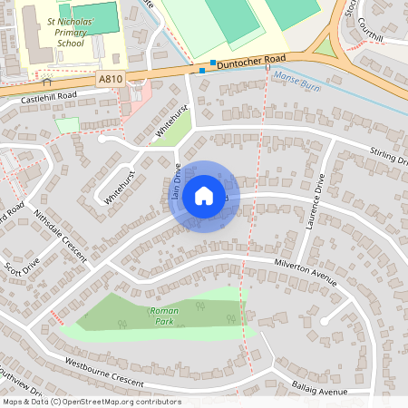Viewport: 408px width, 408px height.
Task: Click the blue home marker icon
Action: tap(204, 196)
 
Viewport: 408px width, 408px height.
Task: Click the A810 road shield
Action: tap(111, 80)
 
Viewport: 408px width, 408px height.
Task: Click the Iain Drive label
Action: tap(177, 180)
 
